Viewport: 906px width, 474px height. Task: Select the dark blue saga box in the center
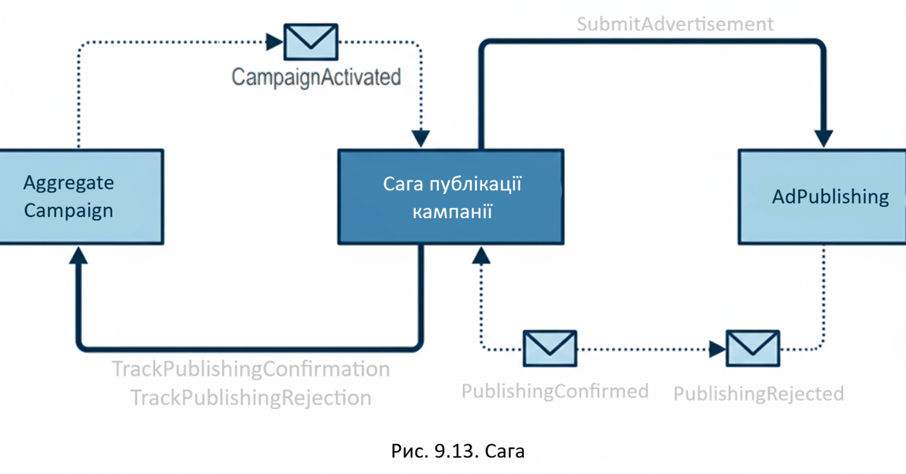[x=450, y=196]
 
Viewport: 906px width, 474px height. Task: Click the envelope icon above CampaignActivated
[x=311, y=42]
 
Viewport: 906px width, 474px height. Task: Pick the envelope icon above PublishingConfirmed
[x=550, y=348]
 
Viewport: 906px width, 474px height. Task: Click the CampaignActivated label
[x=316, y=77]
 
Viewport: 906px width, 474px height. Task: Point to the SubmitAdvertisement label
[x=675, y=24]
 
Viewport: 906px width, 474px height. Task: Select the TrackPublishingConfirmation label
[x=251, y=370]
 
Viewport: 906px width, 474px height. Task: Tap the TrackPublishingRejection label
[x=251, y=398]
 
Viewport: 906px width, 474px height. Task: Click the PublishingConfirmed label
[x=555, y=391]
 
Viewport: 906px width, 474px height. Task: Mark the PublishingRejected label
[x=758, y=393]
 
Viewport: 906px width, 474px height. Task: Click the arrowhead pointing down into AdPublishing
[x=824, y=138]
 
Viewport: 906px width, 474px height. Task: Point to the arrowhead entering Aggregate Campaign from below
[x=78, y=256]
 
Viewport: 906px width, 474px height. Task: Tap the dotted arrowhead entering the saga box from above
[x=421, y=138]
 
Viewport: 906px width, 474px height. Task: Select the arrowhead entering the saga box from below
[x=481, y=256]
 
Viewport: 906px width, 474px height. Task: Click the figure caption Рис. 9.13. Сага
[x=458, y=451]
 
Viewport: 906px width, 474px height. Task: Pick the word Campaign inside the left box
[x=68, y=211]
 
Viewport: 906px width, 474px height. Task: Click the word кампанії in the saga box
[x=452, y=211]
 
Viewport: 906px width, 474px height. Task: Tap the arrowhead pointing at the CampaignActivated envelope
[x=275, y=43]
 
